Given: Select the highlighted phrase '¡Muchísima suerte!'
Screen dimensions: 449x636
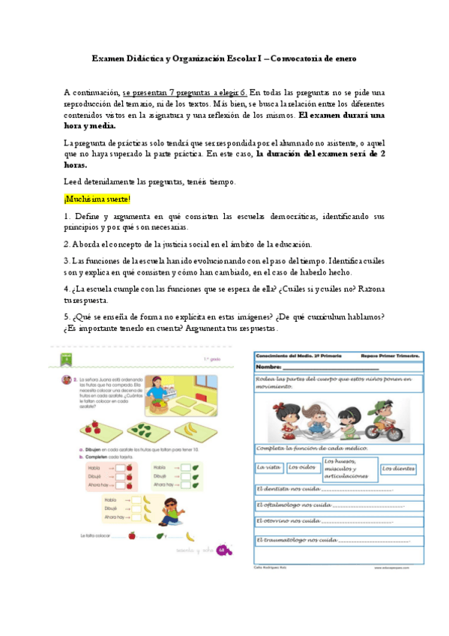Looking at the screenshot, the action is pyautogui.click(x=97, y=199).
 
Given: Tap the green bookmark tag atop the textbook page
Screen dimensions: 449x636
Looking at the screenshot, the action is pyautogui.click(x=67, y=359).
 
